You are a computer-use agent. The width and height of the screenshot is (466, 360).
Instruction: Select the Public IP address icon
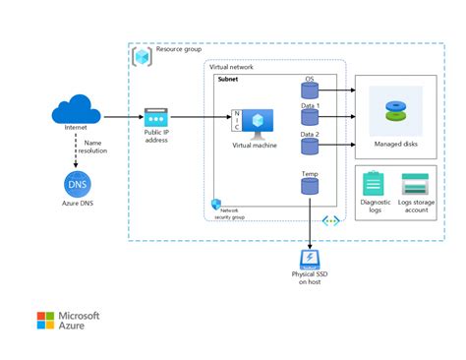point(157,117)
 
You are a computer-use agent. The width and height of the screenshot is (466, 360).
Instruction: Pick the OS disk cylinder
point(310,90)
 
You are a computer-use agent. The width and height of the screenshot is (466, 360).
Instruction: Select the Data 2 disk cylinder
point(310,147)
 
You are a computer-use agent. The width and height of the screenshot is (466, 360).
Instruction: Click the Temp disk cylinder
point(310,187)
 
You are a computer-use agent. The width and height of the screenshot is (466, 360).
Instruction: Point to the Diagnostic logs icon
point(374,184)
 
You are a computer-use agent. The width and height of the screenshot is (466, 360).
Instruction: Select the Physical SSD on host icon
point(310,259)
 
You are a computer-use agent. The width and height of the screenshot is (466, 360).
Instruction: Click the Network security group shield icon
point(215,204)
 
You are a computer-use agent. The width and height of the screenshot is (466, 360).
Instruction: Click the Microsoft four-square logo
point(45,322)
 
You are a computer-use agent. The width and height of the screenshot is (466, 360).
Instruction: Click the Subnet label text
point(230,79)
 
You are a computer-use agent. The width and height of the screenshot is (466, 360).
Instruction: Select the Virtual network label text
point(233,66)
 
